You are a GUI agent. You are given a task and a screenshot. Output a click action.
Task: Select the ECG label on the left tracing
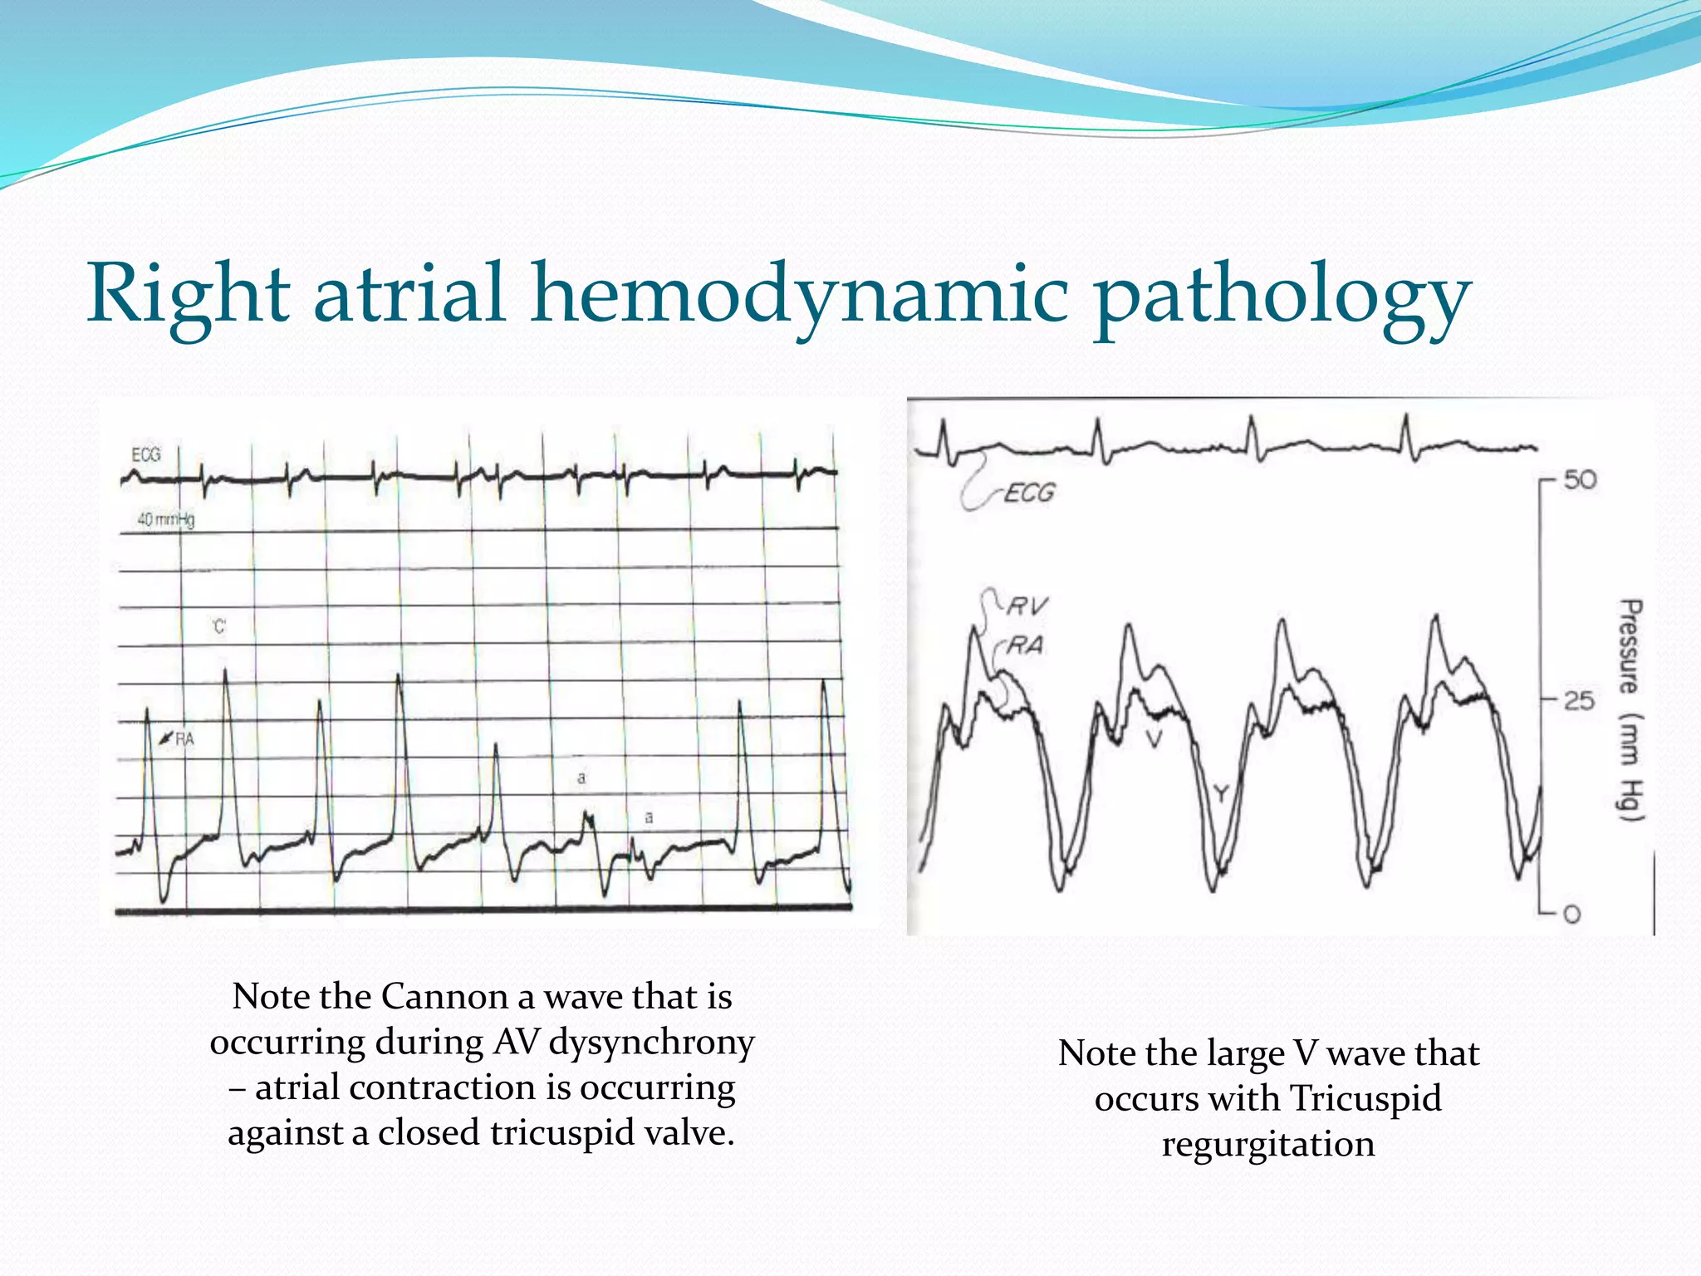146,454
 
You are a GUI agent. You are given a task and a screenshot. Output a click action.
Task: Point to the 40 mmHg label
165,520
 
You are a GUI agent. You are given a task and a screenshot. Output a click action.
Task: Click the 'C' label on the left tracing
218,626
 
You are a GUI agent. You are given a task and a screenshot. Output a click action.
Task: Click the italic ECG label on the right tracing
1028,493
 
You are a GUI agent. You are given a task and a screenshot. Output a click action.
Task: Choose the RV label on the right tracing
1027,606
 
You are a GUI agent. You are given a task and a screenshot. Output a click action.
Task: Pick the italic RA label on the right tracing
1024,645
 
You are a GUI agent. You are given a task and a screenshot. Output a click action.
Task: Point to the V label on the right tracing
1153,739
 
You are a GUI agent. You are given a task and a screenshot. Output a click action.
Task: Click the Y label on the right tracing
1220,794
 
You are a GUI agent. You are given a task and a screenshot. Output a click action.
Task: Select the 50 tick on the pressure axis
1580,480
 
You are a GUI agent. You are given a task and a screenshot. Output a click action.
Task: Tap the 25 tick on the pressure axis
1579,701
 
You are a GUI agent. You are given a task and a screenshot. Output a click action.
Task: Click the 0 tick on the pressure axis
1571,915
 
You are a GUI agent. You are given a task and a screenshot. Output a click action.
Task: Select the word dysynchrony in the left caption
652,1043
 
